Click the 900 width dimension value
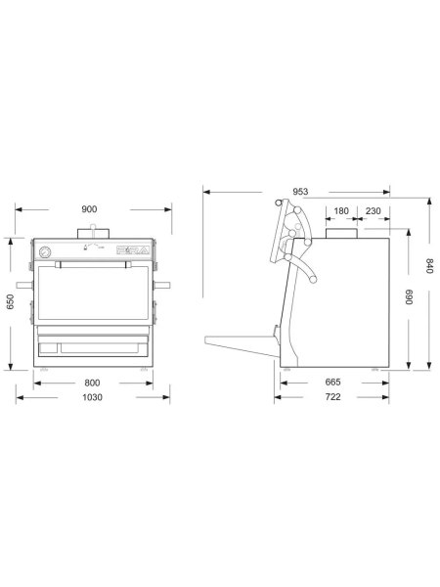(x=89, y=209)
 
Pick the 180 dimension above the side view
(x=339, y=210)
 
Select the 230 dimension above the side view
(x=374, y=210)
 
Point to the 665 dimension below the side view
(x=332, y=383)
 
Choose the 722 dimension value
(x=332, y=399)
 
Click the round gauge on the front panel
(x=46, y=251)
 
